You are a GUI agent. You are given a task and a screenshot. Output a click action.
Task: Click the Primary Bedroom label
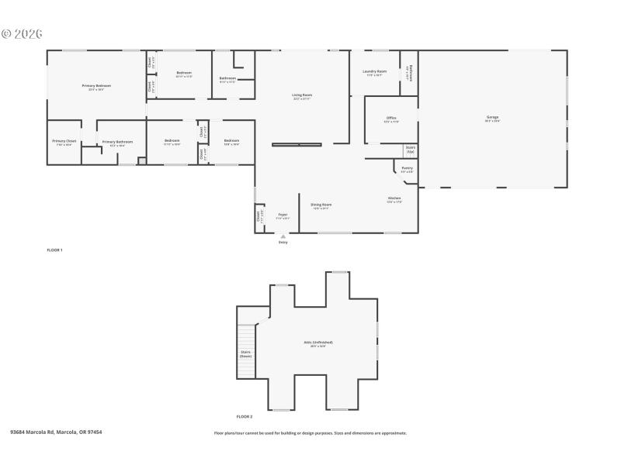pyautogui.click(x=97, y=86)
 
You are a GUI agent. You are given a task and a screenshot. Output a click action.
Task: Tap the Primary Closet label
pyautogui.click(x=64, y=142)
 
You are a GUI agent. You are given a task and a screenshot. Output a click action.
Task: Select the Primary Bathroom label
pyautogui.click(x=118, y=143)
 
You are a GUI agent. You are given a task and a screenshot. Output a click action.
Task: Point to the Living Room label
pyautogui.click(x=303, y=96)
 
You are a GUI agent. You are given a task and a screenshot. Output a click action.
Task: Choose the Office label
pyautogui.click(x=391, y=119)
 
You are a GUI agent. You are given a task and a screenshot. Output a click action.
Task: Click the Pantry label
pyautogui.click(x=408, y=170)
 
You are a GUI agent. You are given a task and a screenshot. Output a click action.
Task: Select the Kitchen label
pyautogui.click(x=394, y=200)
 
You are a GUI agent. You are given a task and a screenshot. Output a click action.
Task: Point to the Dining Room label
pyautogui.click(x=321, y=205)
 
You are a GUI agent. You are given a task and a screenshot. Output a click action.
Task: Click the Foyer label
pyautogui.click(x=283, y=215)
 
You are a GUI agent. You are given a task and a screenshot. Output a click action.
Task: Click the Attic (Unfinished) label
pyautogui.click(x=318, y=343)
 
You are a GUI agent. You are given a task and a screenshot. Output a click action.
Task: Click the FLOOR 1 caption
pyautogui.click(x=54, y=250)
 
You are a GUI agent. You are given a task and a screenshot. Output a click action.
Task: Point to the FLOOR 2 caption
pyautogui.click(x=245, y=417)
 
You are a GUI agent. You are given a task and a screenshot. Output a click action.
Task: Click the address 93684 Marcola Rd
pyautogui.click(x=56, y=432)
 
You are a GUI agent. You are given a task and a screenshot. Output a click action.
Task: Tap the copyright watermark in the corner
pyautogui.click(x=21, y=34)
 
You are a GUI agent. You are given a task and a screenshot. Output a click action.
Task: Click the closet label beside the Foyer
pyautogui.click(x=259, y=218)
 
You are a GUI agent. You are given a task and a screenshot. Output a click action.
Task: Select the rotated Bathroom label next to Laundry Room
pyautogui.click(x=409, y=74)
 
